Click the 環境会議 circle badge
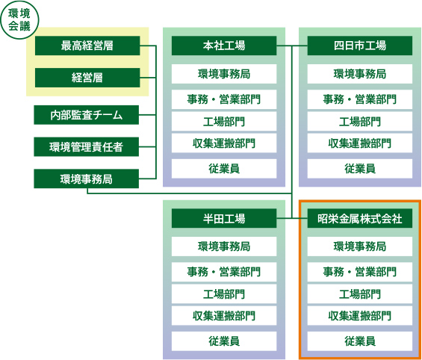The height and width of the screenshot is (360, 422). pyautogui.click(x=19, y=20)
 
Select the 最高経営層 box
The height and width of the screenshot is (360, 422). pyautogui.click(x=87, y=46)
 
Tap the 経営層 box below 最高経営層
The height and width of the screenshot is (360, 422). pyautogui.click(x=87, y=78)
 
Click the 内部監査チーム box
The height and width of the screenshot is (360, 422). pyautogui.click(x=86, y=115)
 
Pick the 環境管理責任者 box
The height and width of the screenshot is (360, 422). pyautogui.click(x=86, y=146)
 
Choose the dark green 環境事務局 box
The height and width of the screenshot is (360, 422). pyautogui.click(x=86, y=179)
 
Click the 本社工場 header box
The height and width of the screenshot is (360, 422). pyautogui.click(x=224, y=46)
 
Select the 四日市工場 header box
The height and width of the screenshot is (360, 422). pyautogui.click(x=360, y=46)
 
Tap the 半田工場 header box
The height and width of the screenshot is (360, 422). pyautogui.click(x=224, y=218)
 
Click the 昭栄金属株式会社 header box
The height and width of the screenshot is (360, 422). pyautogui.click(x=360, y=218)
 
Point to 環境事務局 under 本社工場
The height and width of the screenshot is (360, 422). pyautogui.click(x=224, y=74)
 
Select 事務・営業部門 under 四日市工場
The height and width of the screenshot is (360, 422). pyautogui.click(x=360, y=99)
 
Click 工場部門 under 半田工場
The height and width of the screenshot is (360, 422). pyautogui.click(x=224, y=294)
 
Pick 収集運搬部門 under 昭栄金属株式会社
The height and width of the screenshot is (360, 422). pyautogui.click(x=360, y=316)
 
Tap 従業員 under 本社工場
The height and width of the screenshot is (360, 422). pyautogui.click(x=224, y=169)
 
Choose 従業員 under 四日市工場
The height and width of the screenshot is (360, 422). pyautogui.click(x=360, y=169)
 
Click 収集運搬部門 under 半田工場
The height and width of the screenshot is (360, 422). pyautogui.click(x=224, y=316)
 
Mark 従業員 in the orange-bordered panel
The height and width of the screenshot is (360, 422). pyautogui.click(x=360, y=341)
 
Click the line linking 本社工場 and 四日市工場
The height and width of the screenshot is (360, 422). pyautogui.click(x=292, y=46)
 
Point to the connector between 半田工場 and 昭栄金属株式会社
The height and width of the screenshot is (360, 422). pyautogui.click(x=292, y=218)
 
